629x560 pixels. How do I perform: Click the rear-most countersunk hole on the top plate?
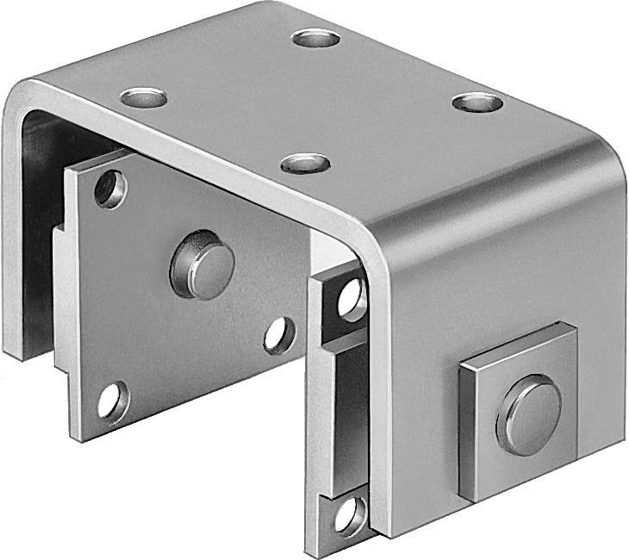(x=314, y=38)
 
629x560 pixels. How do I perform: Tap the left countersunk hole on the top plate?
(x=143, y=97)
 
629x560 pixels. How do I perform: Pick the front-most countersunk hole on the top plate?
(x=305, y=162)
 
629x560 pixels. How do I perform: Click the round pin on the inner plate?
(x=202, y=264)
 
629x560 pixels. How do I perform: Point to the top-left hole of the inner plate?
(x=109, y=189)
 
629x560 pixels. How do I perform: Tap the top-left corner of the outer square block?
(x=460, y=364)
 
